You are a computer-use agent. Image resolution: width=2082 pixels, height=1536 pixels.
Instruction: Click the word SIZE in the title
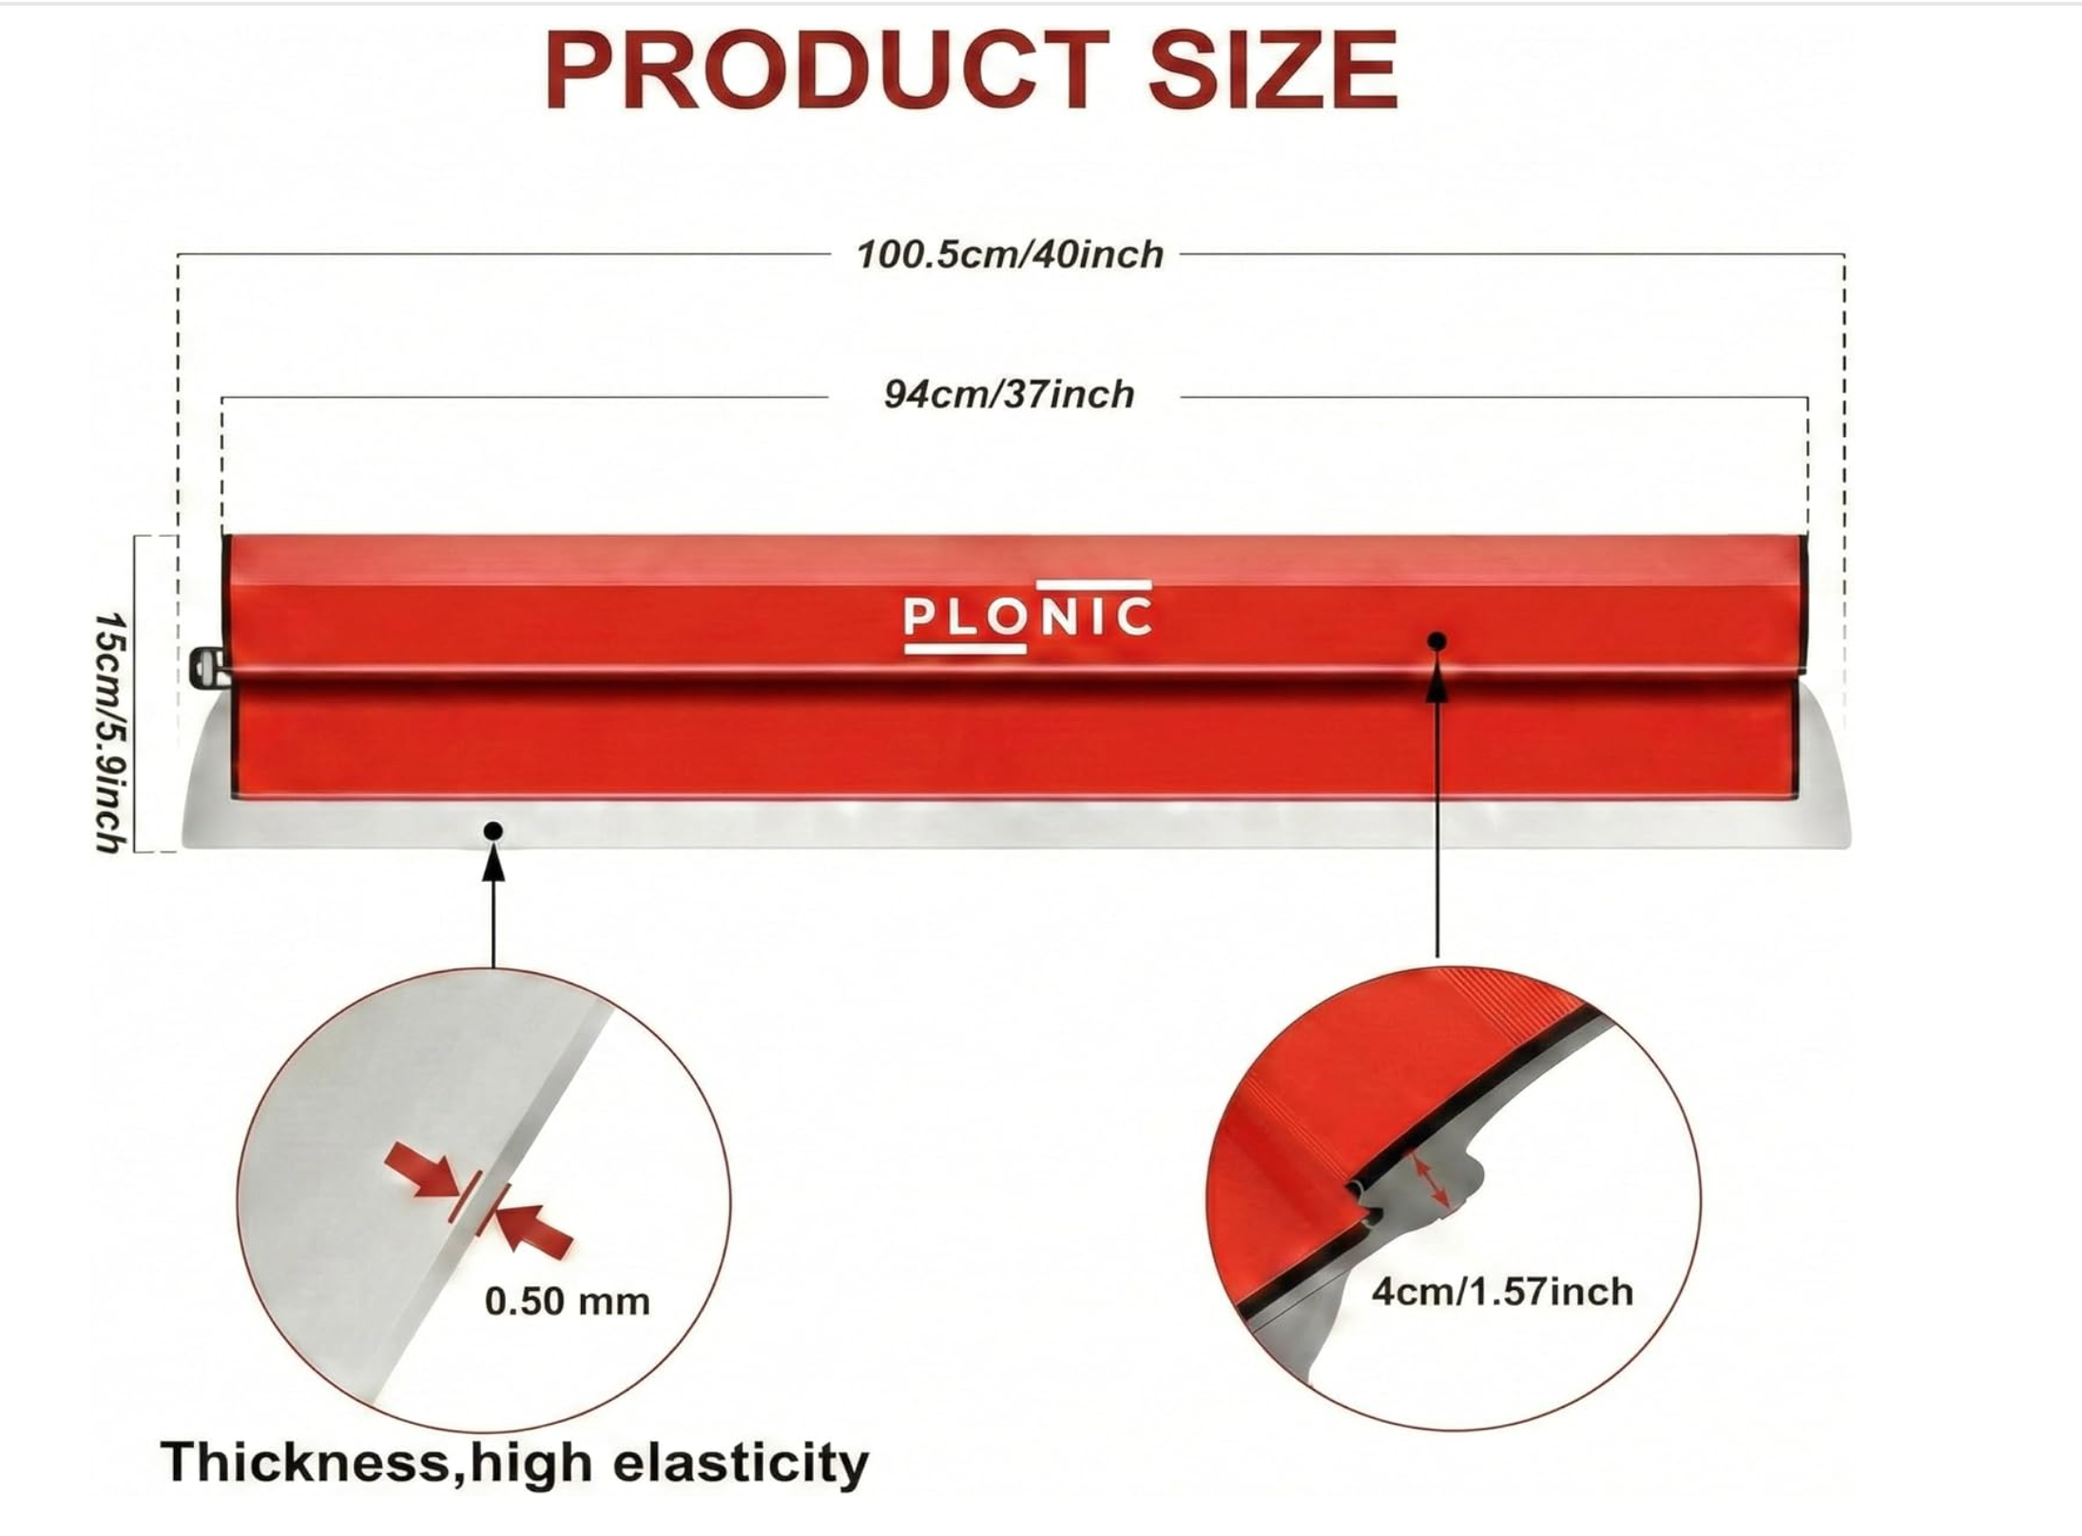(1273, 70)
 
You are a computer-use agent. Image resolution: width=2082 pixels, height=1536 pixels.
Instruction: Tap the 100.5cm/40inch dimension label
(1010, 255)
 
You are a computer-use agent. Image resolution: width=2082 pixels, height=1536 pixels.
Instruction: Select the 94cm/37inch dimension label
(1009, 394)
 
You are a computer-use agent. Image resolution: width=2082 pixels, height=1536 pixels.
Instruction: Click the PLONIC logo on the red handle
(1027, 617)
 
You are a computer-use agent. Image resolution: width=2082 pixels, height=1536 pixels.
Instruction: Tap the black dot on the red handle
(1437, 642)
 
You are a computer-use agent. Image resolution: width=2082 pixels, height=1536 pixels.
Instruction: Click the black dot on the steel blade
(492, 832)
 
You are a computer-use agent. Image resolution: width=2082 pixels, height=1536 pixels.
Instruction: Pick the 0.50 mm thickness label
(567, 1301)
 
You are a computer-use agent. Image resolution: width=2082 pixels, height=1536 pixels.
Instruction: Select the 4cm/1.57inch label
(1501, 1292)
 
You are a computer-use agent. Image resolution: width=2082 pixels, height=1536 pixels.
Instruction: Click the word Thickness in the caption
(304, 1462)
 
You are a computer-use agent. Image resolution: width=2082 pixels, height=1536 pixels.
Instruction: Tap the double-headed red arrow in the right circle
(1430, 1181)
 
